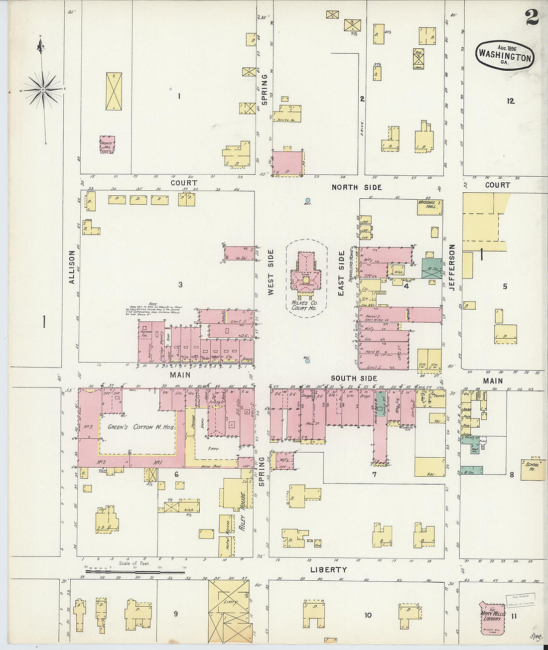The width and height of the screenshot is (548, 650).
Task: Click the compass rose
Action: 43,90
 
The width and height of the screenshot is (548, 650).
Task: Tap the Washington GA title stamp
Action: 505,55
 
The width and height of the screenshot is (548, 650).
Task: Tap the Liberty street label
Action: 328,569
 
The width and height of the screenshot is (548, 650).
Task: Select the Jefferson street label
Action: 452,267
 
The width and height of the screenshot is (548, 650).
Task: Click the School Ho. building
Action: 533,468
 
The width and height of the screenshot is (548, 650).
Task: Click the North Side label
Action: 357,187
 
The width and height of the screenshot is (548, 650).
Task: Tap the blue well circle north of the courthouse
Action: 307,201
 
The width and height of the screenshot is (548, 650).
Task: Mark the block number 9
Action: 176,614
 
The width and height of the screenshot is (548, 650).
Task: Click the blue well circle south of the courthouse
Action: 307,361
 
